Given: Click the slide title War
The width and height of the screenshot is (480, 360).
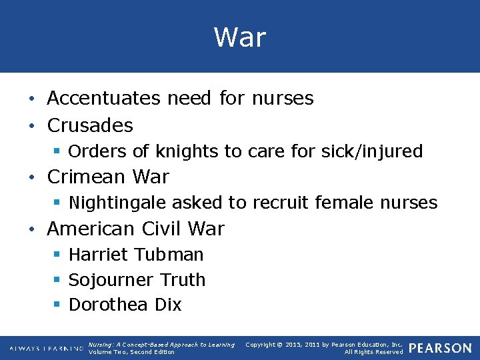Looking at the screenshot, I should (240, 37).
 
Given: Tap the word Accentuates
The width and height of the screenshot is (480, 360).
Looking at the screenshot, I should (103, 99).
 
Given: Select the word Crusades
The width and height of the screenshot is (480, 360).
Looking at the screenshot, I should (90, 125).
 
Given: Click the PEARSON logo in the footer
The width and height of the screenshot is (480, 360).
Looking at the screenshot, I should (440, 348).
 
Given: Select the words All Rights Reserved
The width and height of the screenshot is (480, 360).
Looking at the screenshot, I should (373, 352).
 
